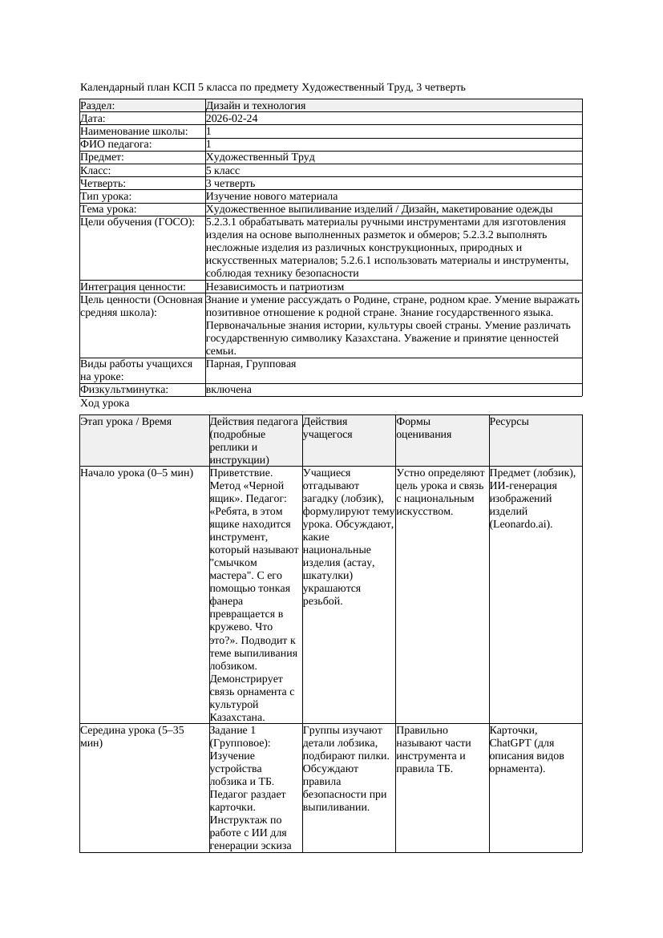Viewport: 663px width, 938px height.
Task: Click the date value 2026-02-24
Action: tap(232, 119)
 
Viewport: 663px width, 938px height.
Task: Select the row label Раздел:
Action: tap(98, 106)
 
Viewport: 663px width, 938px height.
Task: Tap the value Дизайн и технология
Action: tap(256, 106)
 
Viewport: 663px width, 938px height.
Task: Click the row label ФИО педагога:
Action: tap(116, 144)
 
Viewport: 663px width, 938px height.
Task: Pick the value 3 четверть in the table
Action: tap(230, 184)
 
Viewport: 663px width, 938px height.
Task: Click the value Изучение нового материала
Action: tap(272, 196)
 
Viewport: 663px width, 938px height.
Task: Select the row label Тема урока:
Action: tap(109, 209)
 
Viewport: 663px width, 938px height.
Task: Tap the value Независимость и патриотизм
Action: tap(275, 287)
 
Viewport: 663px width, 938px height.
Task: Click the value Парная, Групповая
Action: tap(251, 364)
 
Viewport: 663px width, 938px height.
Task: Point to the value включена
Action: tap(228, 390)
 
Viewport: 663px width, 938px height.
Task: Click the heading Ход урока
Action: tap(105, 404)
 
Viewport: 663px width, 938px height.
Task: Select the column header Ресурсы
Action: tap(509, 422)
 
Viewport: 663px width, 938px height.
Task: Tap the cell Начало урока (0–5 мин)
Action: tap(137, 473)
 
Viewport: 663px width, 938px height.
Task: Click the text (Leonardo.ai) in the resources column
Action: tap(521, 524)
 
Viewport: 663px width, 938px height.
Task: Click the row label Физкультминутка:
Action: tap(124, 390)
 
